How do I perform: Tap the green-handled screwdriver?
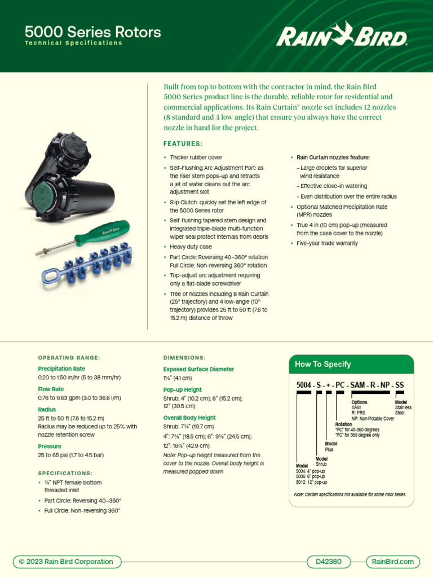[x=85, y=236]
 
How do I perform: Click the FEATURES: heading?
[x=183, y=144]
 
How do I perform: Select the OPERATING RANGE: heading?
[x=69, y=357]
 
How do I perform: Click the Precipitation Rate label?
[x=61, y=369]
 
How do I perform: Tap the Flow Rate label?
[x=51, y=389]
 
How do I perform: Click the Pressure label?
[x=50, y=446]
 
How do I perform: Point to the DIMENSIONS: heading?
[x=184, y=357]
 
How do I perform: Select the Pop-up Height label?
[x=182, y=389]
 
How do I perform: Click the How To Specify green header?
[x=322, y=364]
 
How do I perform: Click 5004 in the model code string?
[x=305, y=385]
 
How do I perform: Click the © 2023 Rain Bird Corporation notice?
[x=66, y=561]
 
